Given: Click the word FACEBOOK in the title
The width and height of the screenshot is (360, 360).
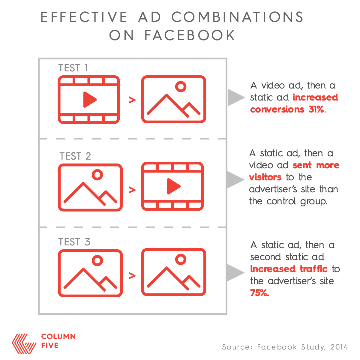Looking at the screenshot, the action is click(x=190, y=35).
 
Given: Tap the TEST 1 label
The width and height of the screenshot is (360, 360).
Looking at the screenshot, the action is click(x=73, y=68).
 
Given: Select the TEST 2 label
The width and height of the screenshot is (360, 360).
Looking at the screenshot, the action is click(x=75, y=156).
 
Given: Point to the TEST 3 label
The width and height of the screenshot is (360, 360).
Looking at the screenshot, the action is click(x=74, y=242).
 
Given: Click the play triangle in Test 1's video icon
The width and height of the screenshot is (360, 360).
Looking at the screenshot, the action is click(x=89, y=100).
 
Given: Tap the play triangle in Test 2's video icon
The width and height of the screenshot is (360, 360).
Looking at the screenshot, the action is click(x=173, y=186).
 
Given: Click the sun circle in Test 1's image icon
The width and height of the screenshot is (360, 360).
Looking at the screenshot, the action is click(x=181, y=86).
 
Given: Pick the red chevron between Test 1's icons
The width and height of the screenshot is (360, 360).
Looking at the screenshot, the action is click(x=132, y=100).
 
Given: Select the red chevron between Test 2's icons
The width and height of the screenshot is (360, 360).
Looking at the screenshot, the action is click(x=132, y=190).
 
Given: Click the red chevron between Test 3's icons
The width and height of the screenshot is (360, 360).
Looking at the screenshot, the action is click(x=132, y=276).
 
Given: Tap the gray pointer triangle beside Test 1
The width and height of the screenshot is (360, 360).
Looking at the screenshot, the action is click(x=236, y=97).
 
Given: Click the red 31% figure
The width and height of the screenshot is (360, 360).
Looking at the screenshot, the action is click(x=316, y=109).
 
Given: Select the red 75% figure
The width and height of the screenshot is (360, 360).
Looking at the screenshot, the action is click(x=259, y=293).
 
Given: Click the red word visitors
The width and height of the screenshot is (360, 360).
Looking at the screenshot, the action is click(x=265, y=177).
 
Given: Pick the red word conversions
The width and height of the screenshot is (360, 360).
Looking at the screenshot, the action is click(x=277, y=109).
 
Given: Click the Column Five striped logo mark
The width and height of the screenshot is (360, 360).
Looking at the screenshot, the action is click(x=24, y=343).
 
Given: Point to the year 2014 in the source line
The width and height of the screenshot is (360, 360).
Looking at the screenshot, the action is click(x=339, y=347).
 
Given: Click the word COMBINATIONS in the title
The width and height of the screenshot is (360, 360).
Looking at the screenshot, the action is click(x=238, y=17).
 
